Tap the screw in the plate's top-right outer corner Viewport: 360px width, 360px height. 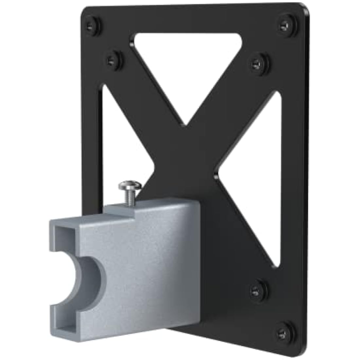(287, 24)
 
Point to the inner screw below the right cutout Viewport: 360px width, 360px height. (259, 288)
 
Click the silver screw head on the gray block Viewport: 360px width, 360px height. (130, 187)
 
